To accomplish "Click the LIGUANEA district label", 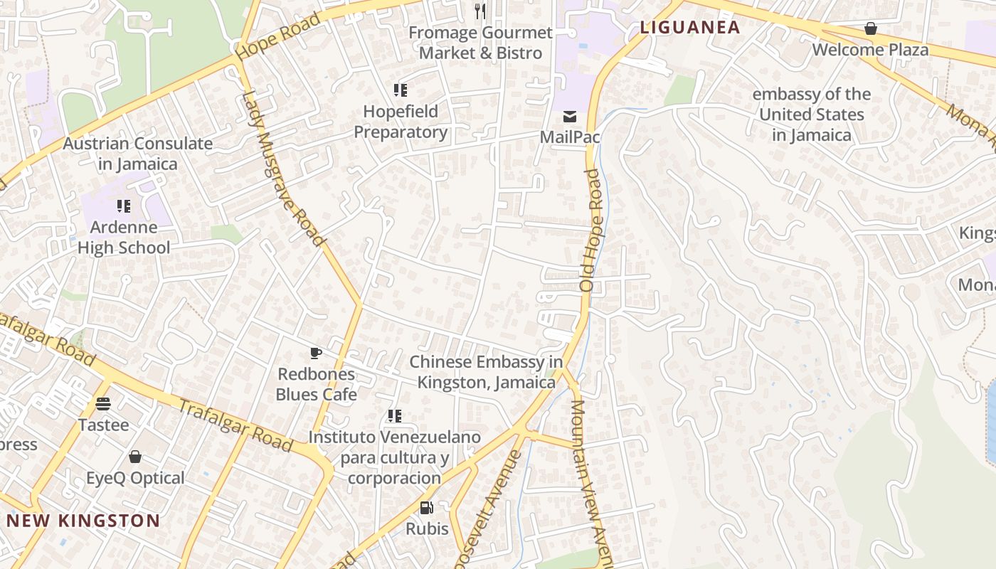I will coord(690,28).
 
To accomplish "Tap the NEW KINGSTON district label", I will coord(83,521).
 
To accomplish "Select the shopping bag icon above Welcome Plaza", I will coord(870,28).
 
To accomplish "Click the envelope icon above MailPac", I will coord(570,117).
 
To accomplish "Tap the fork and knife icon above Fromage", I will coord(480,11).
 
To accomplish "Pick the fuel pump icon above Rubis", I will coord(427,508).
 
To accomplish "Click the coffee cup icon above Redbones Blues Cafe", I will coord(316,353).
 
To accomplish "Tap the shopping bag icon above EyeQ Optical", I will coord(135,457).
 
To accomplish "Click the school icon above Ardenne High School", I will coord(124,206).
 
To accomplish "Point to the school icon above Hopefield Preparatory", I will coord(401,90).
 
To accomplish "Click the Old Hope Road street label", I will coord(591,240).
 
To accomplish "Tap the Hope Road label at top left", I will coord(278,36).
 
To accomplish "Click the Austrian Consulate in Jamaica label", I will coord(138,154).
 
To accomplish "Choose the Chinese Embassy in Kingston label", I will coord(486,372).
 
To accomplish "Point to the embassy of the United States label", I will coord(812,115).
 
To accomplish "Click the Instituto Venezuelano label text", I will coord(394,457).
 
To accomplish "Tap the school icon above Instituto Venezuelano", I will coord(395,416).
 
